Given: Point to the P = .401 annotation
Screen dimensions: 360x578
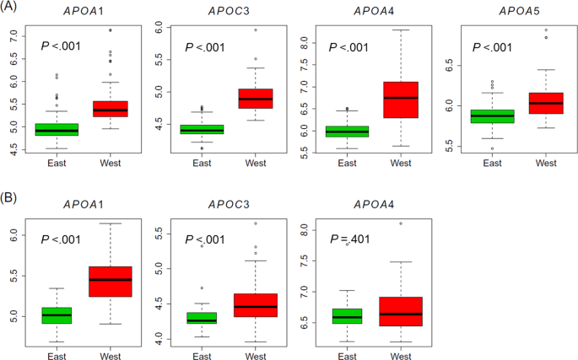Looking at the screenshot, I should click(348, 239).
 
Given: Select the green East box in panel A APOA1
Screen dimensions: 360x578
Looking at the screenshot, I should click(57, 130).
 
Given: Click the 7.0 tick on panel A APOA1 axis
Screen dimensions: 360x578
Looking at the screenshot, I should click(13, 38).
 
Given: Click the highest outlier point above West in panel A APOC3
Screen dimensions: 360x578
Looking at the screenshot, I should click(255, 30).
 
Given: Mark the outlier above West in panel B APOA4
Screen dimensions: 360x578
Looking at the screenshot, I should click(400, 223).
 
